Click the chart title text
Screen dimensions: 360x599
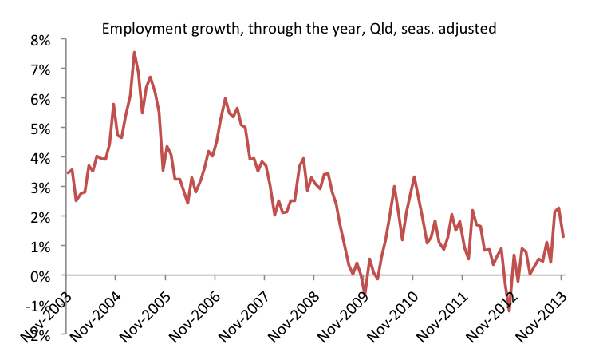pyautogui.click(x=298, y=30)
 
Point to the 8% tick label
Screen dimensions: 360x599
pyautogui.click(x=40, y=40)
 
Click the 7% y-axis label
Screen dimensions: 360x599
pyautogui.click(x=40, y=69)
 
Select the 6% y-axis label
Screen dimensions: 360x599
pyautogui.click(x=40, y=99)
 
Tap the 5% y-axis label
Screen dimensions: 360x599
pyautogui.click(x=40, y=129)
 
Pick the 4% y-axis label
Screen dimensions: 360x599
pyautogui.click(x=40, y=158)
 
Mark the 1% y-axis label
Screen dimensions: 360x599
pyautogui.click(x=40, y=246)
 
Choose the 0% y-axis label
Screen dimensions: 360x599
pyautogui.click(x=40, y=275)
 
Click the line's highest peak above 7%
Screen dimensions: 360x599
pyautogui.click(x=134, y=53)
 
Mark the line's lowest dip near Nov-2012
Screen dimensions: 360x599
pyautogui.click(x=509, y=310)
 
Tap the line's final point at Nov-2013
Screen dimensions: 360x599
pyautogui.click(x=563, y=236)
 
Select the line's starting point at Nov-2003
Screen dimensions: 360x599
pyautogui.click(x=67, y=172)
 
